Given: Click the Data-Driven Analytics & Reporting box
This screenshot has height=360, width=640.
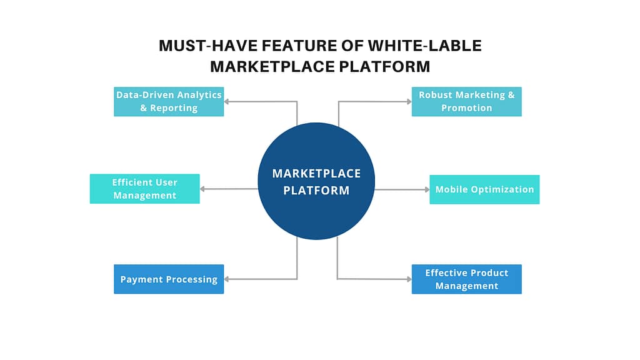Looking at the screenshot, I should tap(169, 101).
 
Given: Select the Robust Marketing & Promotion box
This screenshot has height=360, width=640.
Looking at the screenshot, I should tap(466, 101).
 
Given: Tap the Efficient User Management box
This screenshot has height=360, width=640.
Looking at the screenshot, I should tap(144, 189).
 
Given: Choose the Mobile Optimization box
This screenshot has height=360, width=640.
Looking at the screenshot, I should tap(484, 189).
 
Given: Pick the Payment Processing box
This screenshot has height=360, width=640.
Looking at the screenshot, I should tap(169, 279).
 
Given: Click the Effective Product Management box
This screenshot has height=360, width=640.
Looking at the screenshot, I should tap(466, 279).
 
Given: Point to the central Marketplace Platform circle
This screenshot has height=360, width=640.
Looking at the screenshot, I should tap(316, 181).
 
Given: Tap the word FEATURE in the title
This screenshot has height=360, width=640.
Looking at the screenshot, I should tap(286, 46).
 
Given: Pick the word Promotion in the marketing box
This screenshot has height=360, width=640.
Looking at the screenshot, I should tap(466, 108).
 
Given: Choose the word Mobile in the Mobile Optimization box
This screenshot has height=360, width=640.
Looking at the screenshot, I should tap(451, 189).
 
